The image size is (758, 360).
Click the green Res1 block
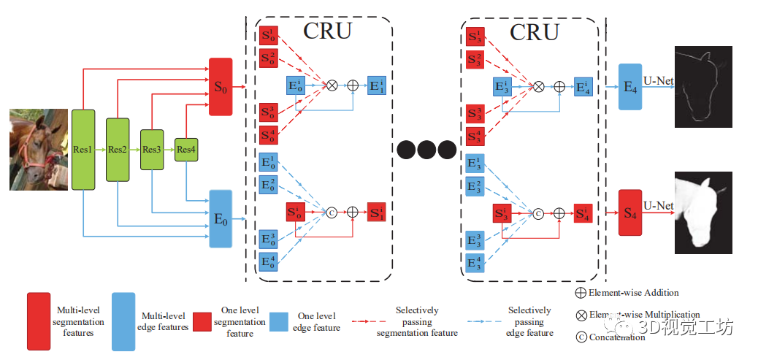(x=83, y=150)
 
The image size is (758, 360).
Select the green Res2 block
(x=117, y=150)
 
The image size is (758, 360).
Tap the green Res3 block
(x=151, y=150)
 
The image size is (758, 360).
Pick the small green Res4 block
(x=186, y=150)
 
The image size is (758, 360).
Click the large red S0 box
(x=221, y=87)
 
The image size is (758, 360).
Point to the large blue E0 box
(x=221, y=218)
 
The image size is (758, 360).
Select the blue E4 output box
(x=629, y=87)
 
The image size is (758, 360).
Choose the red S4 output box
(x=629, y=212)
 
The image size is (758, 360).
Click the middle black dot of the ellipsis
(x=426, y=150)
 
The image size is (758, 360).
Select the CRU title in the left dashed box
(x=326, y=31)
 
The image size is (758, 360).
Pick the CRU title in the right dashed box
(x=534, y=31)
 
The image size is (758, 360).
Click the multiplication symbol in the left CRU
(x=331, y=85)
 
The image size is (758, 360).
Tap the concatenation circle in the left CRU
(x=329, y=212)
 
